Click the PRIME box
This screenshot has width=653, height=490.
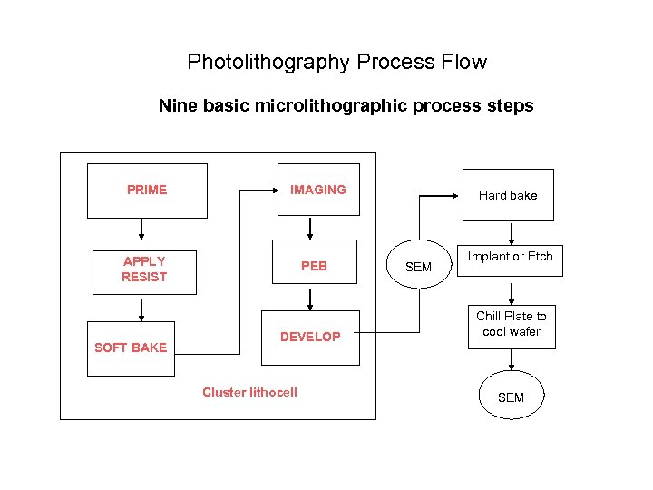point(147,191)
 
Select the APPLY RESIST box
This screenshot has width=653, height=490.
point(143,269)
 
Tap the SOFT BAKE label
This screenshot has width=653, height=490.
point(131,348)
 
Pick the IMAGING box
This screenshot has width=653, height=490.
point(317,190)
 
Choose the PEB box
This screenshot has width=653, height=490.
point(314,267)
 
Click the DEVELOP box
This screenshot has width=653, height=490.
point(310,337)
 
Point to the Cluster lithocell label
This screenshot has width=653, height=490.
point(249,392)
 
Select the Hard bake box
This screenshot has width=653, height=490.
point(507,195)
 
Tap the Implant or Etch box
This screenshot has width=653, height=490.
point(510,257)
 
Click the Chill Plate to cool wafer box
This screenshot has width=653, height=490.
point(512,324)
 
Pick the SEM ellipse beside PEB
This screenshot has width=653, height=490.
point(418,267)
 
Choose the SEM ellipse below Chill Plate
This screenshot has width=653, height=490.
point(511,397)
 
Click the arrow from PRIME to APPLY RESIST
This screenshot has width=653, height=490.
point(143,231)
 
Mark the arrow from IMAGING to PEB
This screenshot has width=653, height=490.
point(310,228)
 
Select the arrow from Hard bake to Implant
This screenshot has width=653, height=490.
point(512,232)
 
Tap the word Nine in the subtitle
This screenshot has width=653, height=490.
point(177,105)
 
